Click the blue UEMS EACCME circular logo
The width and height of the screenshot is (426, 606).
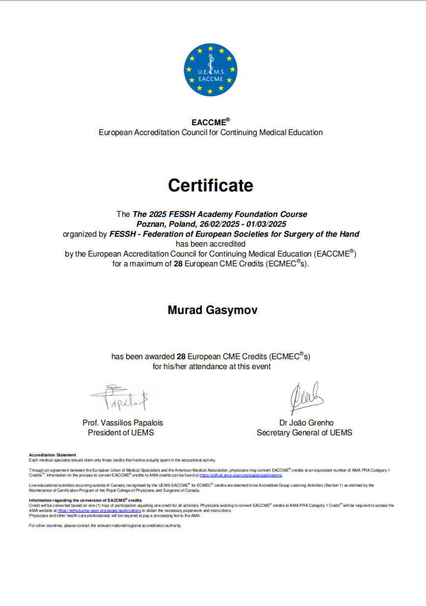[x=211, y=70]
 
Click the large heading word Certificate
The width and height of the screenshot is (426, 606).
[x=211, y=185]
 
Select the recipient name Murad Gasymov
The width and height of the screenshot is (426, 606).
[x=213, y=310]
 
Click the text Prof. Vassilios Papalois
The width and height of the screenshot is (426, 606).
[x=123, y=423]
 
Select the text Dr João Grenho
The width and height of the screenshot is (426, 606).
[x=306, y=423]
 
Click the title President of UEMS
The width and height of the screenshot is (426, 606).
[x=121, y=433]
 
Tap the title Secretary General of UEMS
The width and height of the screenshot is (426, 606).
[x=304, y=433]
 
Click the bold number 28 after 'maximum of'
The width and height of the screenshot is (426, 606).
[x=178, y=264]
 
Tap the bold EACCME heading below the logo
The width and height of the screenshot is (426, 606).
[x=209, y=123]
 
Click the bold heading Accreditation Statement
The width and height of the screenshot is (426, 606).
[x=53, y=455]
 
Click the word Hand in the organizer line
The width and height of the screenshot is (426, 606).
[x=349, y=234]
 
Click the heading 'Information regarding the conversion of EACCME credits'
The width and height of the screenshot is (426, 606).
[x=85, y=500]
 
